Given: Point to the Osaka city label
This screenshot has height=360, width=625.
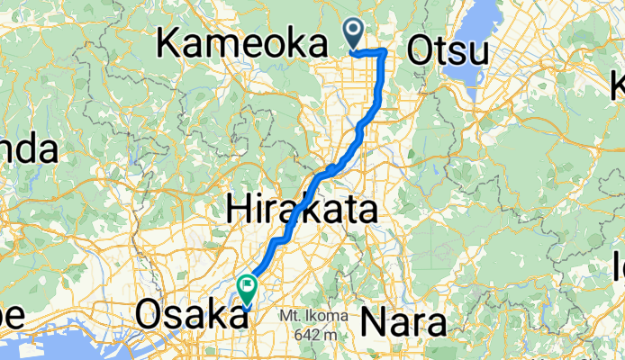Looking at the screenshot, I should (x=189, y=316).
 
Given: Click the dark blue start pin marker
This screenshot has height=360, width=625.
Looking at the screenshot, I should (x=353, y=33).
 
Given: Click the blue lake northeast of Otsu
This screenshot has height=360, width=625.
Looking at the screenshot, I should (x=480, y=22).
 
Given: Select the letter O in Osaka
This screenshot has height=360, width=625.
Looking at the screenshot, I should (x=150, y=316).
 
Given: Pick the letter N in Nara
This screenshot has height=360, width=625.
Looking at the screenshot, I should (x=375, y=321).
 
